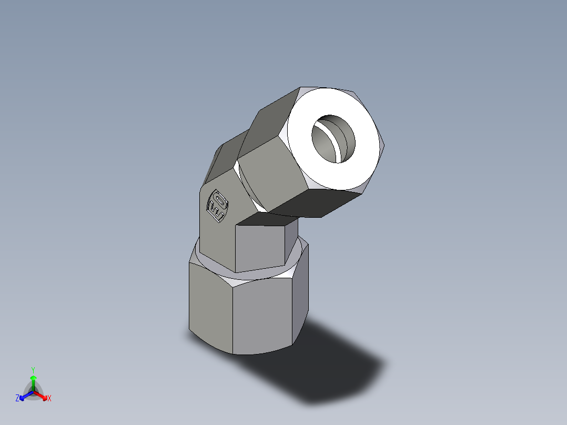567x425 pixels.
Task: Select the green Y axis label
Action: [x=33, y=369]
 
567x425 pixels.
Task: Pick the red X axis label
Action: [x=49, y=399]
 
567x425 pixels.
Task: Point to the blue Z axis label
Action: [x=17, y=399]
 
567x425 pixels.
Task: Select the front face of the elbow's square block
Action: [x=260, y=247]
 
